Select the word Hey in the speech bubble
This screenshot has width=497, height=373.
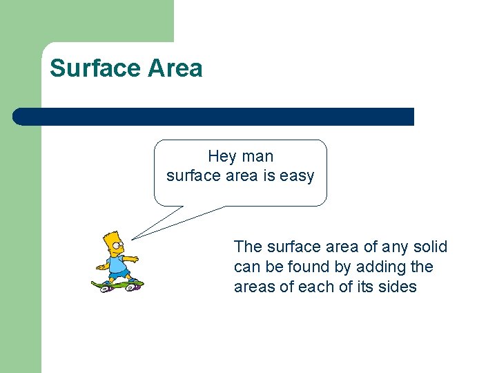[222, 157]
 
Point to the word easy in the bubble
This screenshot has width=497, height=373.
[297, 176]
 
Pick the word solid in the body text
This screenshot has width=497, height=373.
[430, 247]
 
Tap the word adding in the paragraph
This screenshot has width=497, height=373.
[382, 267]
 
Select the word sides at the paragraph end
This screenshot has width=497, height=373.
[398, 287]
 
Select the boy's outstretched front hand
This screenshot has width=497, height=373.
[136, 259]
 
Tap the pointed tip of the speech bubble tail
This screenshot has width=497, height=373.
[131, 239]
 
